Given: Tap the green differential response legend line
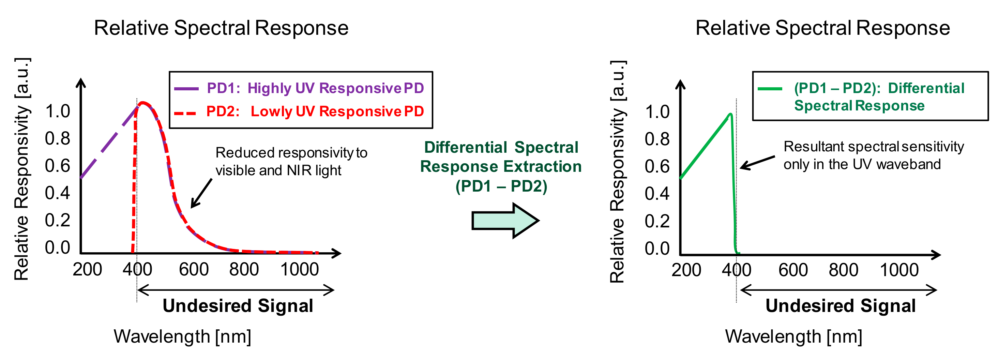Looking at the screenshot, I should point(770,89).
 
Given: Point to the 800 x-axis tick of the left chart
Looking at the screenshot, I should point(244,270).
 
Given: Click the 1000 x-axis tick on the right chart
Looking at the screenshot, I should point(899,270).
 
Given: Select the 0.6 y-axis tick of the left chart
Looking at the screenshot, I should point(57,166).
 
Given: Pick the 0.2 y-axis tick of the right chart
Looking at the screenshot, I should point(657,221).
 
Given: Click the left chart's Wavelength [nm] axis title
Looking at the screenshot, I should point(182,336).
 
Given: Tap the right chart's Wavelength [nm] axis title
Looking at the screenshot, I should point(793,336).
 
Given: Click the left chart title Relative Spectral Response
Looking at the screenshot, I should point(221,28).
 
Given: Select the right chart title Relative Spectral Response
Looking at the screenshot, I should point(822,28).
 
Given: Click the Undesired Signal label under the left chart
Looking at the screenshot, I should point(238,306).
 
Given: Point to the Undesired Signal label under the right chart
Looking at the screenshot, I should point(840,306).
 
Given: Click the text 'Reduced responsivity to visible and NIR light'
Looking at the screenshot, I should point(291,162).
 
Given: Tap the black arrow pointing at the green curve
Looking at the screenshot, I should point(757,162).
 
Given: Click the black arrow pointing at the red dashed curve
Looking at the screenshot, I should point(201,193).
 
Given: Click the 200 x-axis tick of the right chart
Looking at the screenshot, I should point(686,270).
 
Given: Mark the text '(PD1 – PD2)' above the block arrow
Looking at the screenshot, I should point(501,186).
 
